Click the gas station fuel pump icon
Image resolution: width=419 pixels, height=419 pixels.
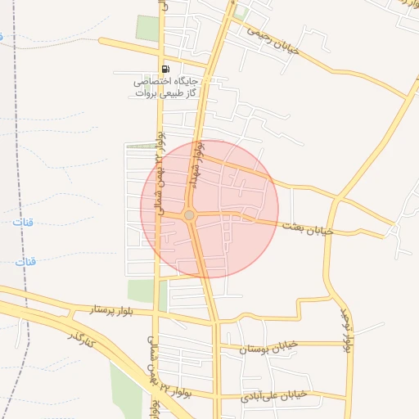[x=166, y=70]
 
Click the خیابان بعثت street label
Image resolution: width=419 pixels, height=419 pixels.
[x=308, y=228]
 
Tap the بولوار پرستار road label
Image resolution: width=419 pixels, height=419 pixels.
[x=98, y=311]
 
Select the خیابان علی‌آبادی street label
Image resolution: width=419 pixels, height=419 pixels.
[x=273, y=395]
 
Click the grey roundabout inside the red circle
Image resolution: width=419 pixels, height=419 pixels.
[x=189, y=214]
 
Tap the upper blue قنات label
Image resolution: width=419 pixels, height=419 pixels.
[x=24, y=222]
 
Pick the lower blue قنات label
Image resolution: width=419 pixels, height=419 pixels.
[x=28, y=261]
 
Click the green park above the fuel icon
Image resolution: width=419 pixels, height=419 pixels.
[x=148, y=29]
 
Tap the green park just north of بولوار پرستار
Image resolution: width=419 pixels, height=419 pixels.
[x=142, y=291]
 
